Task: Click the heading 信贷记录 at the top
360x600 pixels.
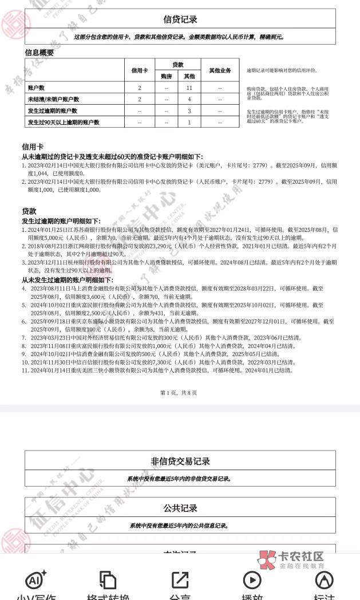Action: (x=180, y=19)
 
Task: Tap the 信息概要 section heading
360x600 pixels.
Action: (x=39, y=53)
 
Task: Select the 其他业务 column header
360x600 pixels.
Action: (x=220, y=70)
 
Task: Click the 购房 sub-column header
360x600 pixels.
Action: (x=166, y=76)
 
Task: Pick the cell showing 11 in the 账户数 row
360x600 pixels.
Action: (x=189, y=88)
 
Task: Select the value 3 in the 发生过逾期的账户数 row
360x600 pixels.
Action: (x=189, y=111)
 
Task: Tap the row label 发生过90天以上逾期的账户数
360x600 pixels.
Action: (x=64, y=123)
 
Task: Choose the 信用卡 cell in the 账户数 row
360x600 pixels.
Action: (x=139, y=88)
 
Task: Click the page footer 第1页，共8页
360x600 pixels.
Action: (x=179, y=393)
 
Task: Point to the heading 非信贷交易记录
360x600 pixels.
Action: (x=180, y=461)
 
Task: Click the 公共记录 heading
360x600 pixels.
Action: (x=180, y=508)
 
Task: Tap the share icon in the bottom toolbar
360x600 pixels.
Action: (x=180, y=585)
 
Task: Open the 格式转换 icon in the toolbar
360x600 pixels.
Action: (x=108, y=585)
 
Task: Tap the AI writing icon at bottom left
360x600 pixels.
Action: (x=35, y=585)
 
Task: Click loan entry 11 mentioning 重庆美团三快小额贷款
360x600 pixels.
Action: (x=157, y=370)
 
